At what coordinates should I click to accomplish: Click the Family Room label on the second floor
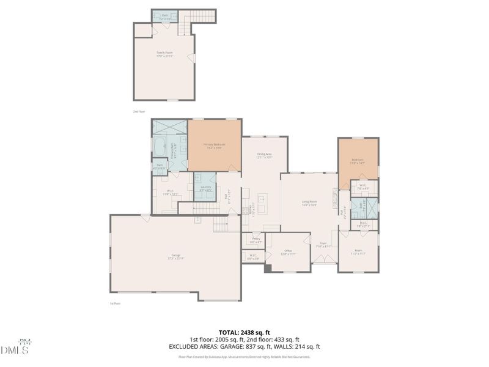[x=164, y=54]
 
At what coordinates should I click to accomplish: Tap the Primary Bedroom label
[x=215, y=146]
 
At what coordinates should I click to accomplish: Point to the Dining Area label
[x=264, y=155]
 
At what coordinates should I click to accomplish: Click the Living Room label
[x=309, y=202]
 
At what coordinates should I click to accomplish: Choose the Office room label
[x=287, y=251]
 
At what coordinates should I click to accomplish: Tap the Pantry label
[x=255, y=240]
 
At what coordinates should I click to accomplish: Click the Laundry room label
[x=205, y=188]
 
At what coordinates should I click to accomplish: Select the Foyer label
[x=323, y=245]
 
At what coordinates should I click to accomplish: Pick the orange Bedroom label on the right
[x=358, y=161]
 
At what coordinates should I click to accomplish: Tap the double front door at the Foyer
[x=323, y=263]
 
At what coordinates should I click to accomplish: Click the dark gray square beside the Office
[x=268, y=267]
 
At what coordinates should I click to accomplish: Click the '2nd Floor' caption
[x=139, y=111]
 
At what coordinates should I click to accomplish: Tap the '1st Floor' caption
[x=116, y=303]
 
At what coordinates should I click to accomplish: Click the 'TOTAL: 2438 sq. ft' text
[x=244, y=332]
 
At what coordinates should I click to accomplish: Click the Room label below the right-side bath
[x=358, y=251]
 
